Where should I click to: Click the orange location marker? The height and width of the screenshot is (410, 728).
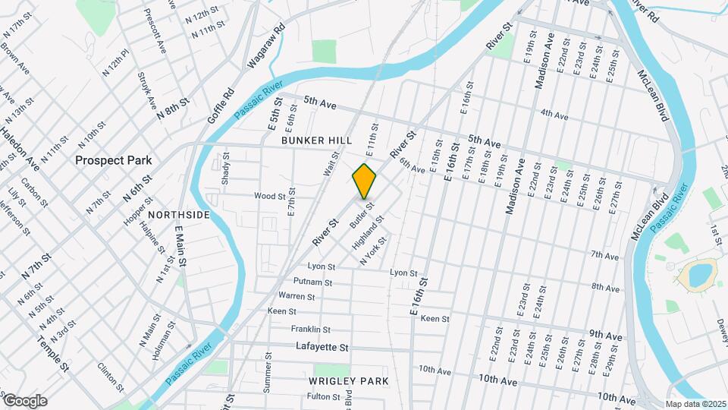(364, 181)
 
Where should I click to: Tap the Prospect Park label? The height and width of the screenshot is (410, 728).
(113, 161)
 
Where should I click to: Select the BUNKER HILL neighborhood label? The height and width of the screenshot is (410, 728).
(316, 141)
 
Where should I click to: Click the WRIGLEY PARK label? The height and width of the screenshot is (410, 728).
(349, 380)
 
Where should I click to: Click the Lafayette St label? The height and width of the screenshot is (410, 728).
(322, 347)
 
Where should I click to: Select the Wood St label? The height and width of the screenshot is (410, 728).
(269, 196)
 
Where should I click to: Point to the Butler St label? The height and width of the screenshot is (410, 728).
(362, 214)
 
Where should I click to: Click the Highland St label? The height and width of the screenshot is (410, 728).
(368, 234)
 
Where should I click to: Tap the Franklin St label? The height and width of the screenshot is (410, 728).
(310, 330)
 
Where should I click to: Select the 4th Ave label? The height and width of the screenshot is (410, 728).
(554, 115)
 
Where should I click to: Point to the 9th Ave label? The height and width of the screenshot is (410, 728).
(605, 336)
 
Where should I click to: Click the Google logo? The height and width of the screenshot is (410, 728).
(25, 400)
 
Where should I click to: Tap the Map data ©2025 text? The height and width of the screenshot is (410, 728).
(695, 404)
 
